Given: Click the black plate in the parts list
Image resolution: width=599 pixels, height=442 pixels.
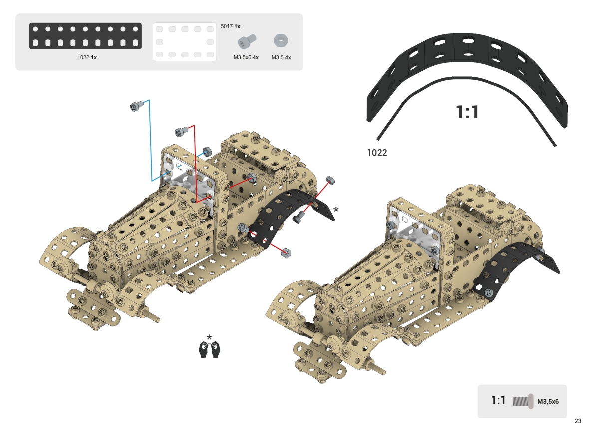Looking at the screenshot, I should pos(85,36).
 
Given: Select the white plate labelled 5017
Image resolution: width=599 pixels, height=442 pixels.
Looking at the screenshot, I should pos(185,42).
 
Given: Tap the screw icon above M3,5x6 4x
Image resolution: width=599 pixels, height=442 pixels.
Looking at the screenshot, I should pos(246,41).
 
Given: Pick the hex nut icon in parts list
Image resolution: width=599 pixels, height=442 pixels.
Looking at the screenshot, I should pos(281,40).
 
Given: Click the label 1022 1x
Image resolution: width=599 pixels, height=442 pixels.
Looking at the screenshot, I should pos(87,57).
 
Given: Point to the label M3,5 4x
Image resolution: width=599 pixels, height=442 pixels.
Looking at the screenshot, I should pos(281,57).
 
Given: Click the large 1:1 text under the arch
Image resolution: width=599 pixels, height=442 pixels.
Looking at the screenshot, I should pos(467,112).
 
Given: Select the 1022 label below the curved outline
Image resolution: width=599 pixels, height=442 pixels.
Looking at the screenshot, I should pos(377,153).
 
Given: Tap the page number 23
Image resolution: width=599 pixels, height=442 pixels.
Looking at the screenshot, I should pos(578,421).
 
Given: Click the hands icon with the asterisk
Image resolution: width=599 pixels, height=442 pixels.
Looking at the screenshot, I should pos(210,348).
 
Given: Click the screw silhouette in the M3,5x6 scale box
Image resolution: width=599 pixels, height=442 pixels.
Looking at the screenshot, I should pos(523,401).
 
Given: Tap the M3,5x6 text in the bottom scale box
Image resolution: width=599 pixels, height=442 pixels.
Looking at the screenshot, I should pos(548,401).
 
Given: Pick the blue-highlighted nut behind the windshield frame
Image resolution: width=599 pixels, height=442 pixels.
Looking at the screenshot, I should pos(206,151).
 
